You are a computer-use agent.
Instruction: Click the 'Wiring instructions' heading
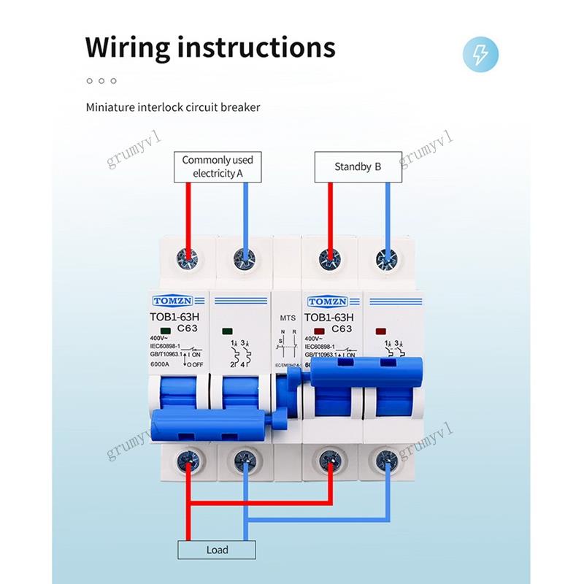click(210, 47)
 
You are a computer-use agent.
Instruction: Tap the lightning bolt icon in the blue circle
click(482, 54)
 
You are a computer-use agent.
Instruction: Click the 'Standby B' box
click(358, 166)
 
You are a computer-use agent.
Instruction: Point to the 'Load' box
click(217, 550)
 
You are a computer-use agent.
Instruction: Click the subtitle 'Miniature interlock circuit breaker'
click(173, 107)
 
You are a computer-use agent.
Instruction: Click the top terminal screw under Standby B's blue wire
click(387, 257)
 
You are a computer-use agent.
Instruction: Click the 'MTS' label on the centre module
click(288, 319)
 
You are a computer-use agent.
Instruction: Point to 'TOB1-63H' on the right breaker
click(328, 318)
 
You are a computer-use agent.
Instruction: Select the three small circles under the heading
click(101, 80)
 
